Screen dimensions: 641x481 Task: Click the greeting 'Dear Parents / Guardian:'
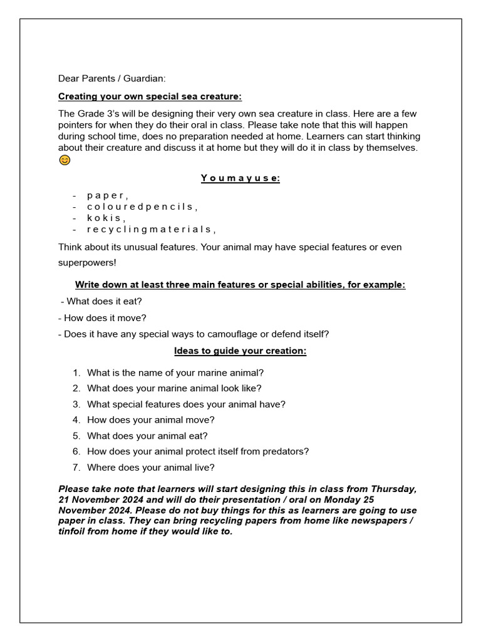(x=112, y=78)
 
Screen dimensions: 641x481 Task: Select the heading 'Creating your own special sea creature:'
(x=150, y=96)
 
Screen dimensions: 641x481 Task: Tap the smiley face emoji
(x=65, y=160)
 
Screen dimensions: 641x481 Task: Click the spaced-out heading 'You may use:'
(x=240, y=178)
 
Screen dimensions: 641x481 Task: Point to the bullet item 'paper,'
(x=108, y=195)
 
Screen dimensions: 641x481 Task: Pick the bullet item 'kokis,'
(x=106, y=218)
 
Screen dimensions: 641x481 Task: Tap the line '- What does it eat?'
(x=101, y=301)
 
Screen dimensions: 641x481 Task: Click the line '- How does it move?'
(x=102, y=317)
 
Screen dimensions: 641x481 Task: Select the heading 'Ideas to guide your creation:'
(x=240, y=351)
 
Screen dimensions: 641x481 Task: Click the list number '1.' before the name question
(x=76, y=372)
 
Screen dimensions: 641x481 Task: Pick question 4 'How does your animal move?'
(x=151, y=420)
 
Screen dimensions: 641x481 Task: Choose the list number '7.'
(x=76, y=467)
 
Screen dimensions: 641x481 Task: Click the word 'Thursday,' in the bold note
(x=393, y=488)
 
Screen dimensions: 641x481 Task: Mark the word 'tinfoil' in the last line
(x=74, y=531)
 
